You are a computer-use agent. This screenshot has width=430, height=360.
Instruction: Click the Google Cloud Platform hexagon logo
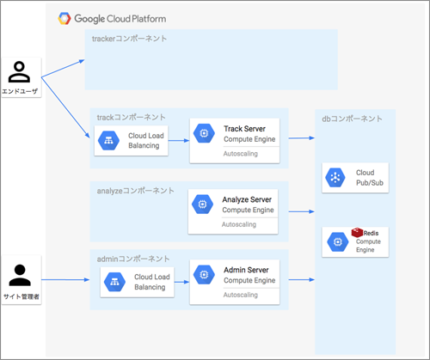tap(64, 19)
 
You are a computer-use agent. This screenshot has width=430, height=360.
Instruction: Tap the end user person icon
tap(19, 72)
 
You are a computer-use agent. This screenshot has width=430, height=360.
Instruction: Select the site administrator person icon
tap(20, 275)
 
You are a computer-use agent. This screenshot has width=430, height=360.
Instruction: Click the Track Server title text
tap(244, 129)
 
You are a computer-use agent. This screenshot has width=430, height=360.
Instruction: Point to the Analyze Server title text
tap(247, 199)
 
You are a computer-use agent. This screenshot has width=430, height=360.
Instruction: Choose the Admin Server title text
tap(246, 270)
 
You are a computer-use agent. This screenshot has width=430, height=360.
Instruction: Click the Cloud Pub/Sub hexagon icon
tap(335, 178)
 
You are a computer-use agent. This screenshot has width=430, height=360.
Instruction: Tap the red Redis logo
tap(357, 232)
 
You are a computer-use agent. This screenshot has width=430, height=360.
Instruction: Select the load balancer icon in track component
tap(108, 141)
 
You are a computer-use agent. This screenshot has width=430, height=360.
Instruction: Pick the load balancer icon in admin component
tap(114, 282)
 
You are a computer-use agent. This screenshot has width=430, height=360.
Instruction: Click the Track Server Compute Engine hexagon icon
tap(204, 133)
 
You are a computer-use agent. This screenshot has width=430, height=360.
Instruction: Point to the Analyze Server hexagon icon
tap(202, 204)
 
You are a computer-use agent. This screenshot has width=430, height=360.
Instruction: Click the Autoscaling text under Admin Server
tap(241, 295)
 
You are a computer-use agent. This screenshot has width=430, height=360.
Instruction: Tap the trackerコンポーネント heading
tap(129, 39)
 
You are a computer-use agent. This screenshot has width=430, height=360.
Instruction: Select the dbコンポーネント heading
tap(352, 119)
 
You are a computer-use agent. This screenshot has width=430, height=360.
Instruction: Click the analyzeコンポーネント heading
tap(135, 191)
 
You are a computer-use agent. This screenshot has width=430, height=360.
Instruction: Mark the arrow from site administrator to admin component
tap(65, 279)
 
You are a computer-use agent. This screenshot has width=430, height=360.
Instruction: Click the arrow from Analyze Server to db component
tap(302, 211)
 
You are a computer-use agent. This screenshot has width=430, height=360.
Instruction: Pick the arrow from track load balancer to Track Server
tap(179, 140)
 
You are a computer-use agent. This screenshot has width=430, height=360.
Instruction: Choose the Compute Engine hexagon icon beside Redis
tap(338, 242)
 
